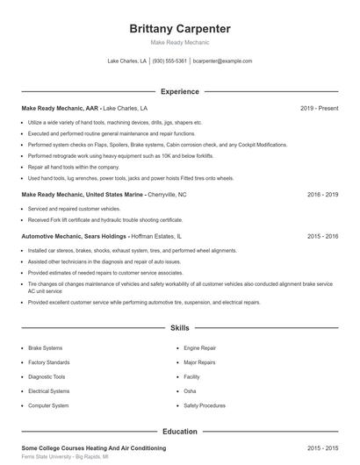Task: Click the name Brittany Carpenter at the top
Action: click(x=180, y=27)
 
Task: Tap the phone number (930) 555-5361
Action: click(x=169, y=61)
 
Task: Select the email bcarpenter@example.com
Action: click(x=222, y=61)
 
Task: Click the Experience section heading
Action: click(x=180, y=91)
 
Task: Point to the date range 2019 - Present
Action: click(x=319, y=109)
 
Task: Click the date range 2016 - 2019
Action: click(x=322, y=195)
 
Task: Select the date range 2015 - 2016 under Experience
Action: click(x=322, y=237)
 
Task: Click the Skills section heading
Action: click(x=180, y=328)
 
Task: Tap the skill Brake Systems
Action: click(x=45, y=348)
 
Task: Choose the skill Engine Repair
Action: click(x=199, y=348)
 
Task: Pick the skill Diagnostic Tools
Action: click(x=46, y=376)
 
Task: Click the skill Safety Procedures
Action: click(x=205, y=405)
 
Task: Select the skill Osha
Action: click(x=190, y=390)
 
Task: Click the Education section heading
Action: click(x=180, y=432)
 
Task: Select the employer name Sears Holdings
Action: click(x=104, y=237)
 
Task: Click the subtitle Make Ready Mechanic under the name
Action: click(x=180, y=42)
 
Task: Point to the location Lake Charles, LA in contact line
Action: click(x=126, y=61)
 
